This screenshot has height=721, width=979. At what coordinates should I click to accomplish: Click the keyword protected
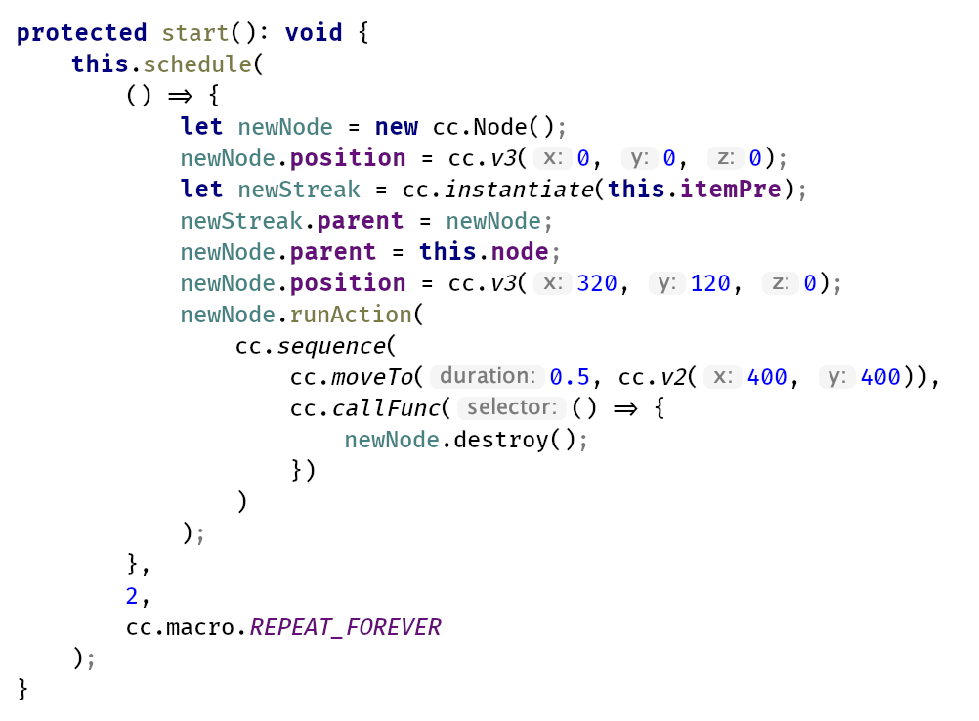(81, 33)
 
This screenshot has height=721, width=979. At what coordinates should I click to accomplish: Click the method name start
(195, 33)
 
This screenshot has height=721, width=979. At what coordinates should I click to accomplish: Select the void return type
(314, 33)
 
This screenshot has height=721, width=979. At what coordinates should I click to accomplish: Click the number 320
(597, 283)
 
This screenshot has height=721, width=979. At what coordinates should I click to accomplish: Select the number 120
(710, 283)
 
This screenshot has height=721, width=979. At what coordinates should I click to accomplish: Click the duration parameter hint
(486, 377)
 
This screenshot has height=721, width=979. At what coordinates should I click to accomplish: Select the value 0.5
(570, 377)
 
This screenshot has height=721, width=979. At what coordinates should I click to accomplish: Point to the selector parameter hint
(512, 408)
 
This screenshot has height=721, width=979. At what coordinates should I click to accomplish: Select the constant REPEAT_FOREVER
(346, 627)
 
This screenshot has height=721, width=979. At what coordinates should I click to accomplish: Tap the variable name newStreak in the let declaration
(299, 190)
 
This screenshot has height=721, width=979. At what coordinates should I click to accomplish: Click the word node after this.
(519, 252)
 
